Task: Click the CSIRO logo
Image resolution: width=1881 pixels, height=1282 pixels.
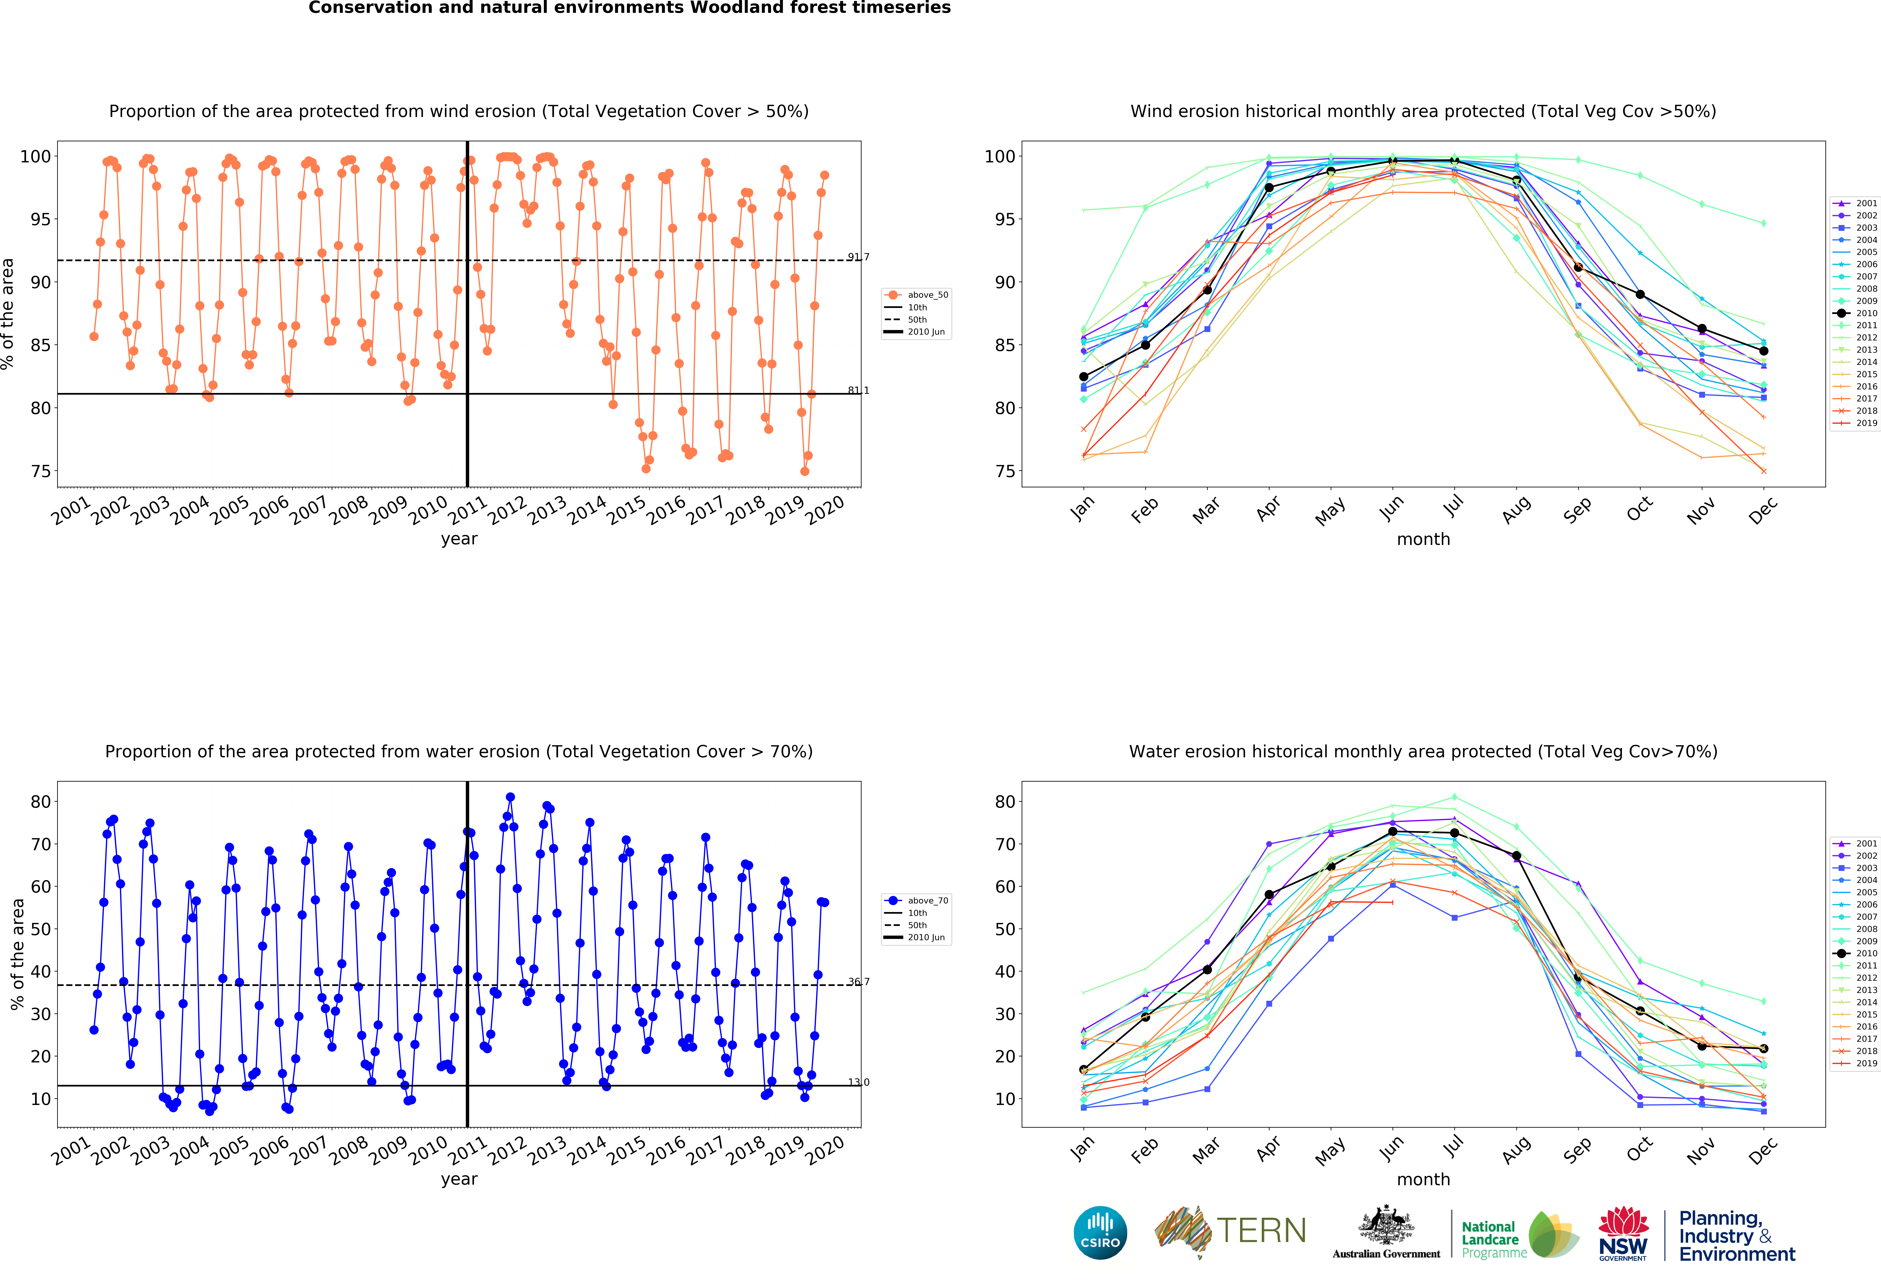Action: (x=1100, y=1233)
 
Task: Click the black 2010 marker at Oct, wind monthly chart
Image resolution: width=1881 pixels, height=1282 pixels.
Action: (x=1640, y=295)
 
